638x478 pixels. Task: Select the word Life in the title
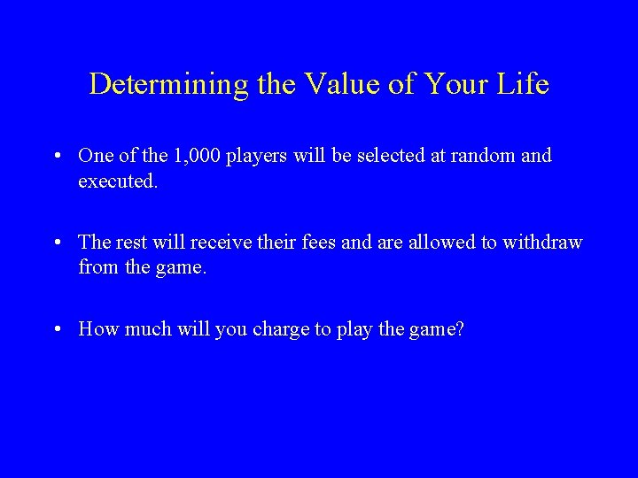click(x=524, y=85)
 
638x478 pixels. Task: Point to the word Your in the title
click(x=457, y=85)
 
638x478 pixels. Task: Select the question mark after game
click(x=459, y=329)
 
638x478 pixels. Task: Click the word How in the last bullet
click(x=97, y=329)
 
